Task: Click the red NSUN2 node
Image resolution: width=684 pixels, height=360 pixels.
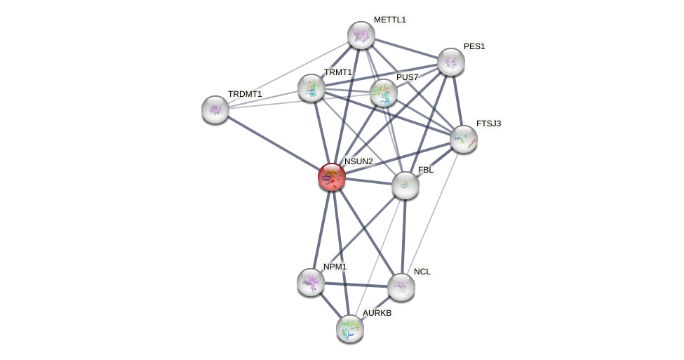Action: (x=332, y=177)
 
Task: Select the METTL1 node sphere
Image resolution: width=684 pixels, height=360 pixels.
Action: (x=361, y=35)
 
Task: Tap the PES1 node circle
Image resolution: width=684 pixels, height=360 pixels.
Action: (x=450, y=62)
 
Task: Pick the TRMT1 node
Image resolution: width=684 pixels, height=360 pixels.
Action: (x=311, y=88)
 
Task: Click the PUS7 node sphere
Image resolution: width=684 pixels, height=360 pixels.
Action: (x=384, y=92)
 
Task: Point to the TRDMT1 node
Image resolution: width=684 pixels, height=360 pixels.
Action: (x=215, y=109)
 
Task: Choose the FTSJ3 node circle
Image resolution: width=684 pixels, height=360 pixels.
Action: (x=463, y=139)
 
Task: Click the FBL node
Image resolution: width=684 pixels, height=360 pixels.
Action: (x=405, y=185)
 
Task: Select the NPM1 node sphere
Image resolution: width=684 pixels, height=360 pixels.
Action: (x=310, y=281)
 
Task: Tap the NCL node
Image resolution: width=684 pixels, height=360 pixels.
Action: (x=401, y=286)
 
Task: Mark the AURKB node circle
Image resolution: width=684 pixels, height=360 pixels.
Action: (x=349, y=328)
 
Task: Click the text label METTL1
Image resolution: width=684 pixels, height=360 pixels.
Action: (x=389, y=20)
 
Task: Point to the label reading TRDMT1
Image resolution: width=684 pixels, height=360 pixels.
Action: (x=244, y=94)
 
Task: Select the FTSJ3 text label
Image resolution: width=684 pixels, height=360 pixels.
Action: (x=488, y=124)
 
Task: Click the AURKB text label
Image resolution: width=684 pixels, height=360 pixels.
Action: (x=377, y=313)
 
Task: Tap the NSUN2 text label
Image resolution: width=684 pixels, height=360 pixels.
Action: (x=358, y=161)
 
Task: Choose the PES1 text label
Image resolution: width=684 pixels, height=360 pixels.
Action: (x=474, y=46)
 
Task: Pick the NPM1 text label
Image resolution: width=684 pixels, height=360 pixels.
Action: (x=335, y=267)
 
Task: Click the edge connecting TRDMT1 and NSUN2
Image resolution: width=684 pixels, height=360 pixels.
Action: (x=274, y=143)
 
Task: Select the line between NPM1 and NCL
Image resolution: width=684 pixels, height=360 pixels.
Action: (x=355, y=284)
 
